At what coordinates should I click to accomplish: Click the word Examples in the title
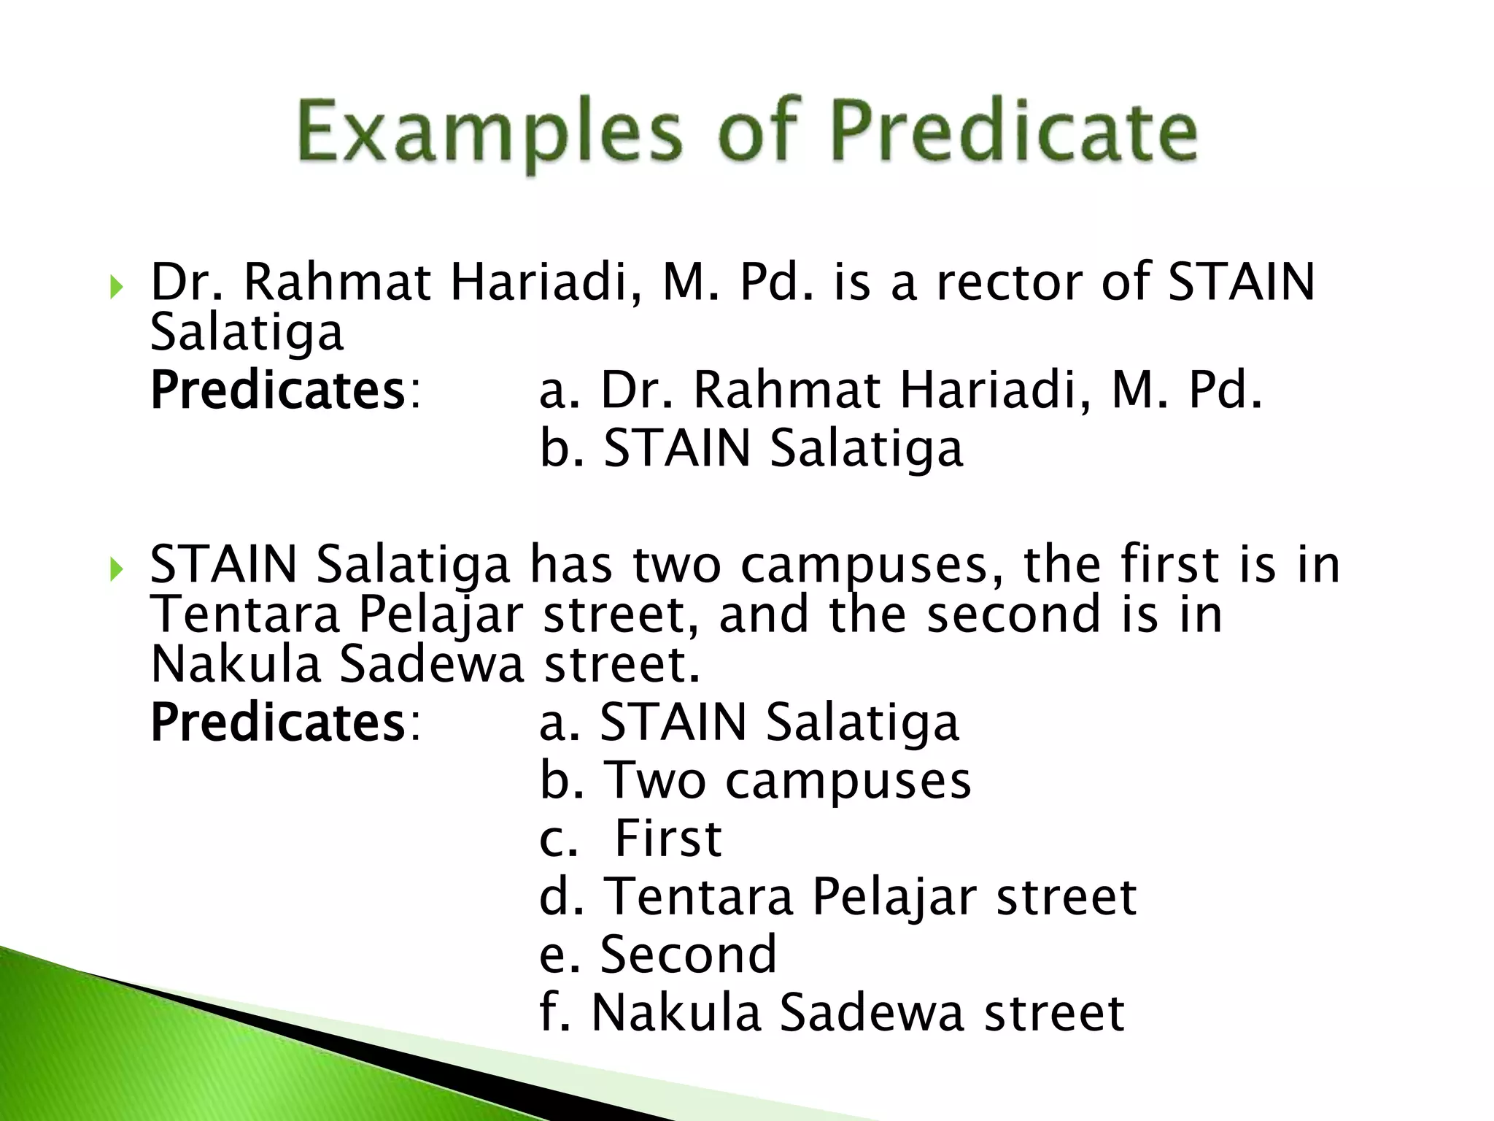(489, 133)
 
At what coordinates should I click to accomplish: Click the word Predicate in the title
(1014, 133)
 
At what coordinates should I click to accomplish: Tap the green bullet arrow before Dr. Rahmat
(116, 287)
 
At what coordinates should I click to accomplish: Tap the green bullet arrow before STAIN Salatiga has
(116, 569)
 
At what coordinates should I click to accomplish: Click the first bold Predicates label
(277, 390)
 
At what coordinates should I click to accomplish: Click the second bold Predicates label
(277, 723)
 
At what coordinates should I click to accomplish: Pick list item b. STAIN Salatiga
(751, 448)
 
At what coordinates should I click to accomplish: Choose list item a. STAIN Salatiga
(748, 723)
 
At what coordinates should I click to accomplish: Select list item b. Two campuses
(755, 781)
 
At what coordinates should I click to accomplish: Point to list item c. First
(631, 839)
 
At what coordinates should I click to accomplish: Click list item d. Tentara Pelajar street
(837, 897)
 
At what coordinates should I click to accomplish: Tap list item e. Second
(658, 955)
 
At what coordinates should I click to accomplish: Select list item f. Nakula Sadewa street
(832, 1013)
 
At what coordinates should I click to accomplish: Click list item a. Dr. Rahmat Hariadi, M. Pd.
(901, 390)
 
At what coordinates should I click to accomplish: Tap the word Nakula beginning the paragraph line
(236, 665)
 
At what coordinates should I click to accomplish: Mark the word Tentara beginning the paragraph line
(245, 615)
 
